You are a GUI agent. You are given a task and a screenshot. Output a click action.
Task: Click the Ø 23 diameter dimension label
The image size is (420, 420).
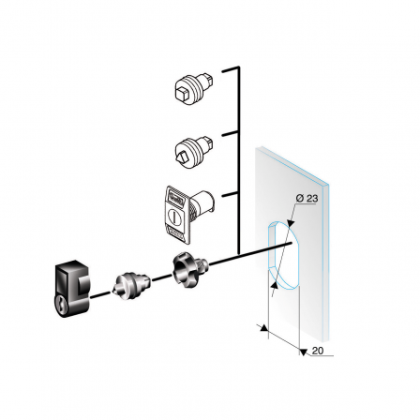click(306, 199)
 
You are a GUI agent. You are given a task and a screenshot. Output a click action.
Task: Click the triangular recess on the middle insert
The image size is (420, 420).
click(184, 150)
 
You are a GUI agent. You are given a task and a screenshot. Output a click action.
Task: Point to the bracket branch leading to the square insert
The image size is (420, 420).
click(231, 69)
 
